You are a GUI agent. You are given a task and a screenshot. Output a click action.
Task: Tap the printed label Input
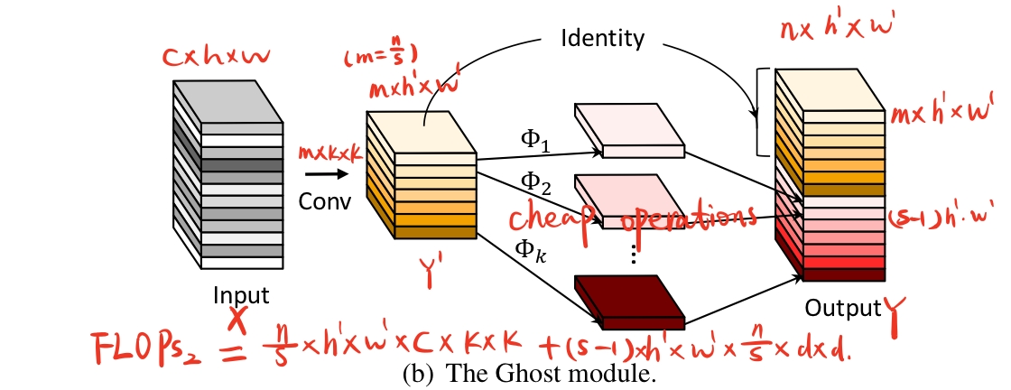tap(241, 295)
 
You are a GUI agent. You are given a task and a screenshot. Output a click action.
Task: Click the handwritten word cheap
tap(554, 216)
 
